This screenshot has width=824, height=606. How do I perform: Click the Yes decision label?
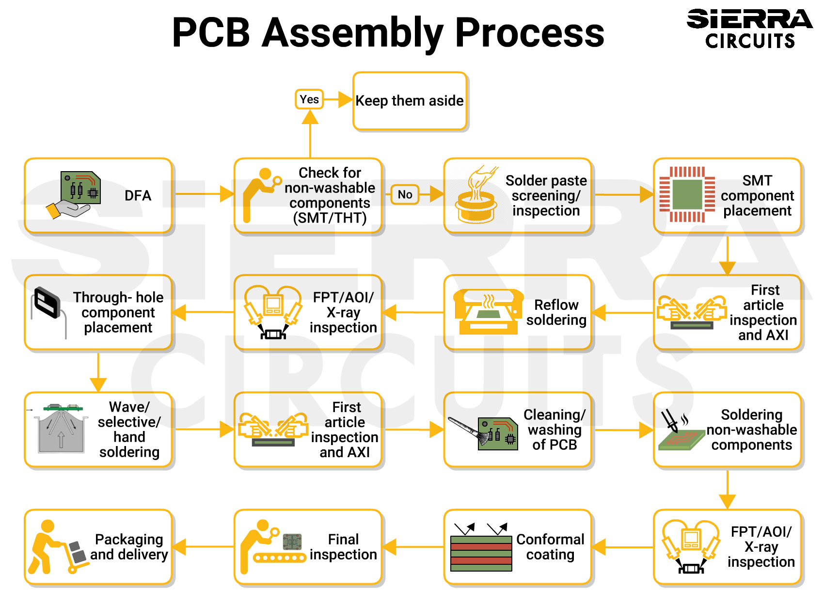(309, 99)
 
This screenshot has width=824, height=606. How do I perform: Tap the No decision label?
(405, 194)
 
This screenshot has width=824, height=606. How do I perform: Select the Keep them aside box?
(410, 101)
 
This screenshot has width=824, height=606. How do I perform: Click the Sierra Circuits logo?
(749, 29)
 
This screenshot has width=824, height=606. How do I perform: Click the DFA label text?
(138, 195)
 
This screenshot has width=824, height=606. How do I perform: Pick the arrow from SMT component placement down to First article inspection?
(727, 255)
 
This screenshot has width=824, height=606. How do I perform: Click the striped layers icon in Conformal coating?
(481, 553)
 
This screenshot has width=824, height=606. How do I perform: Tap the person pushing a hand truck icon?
(54, 547)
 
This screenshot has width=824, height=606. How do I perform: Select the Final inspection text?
(343, 547)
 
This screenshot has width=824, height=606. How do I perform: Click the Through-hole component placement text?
(118, 312)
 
